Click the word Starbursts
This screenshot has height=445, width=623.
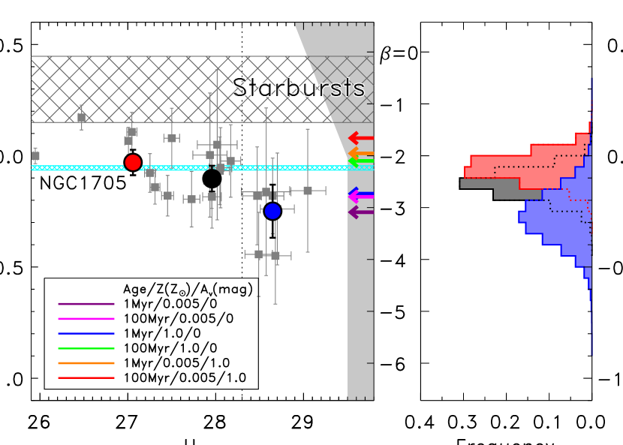(x=298, y=88)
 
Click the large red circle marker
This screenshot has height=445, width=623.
(x=133, y=162)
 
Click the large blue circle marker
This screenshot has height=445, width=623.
(x=272, y=211)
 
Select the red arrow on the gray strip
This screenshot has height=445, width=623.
(x=360, y=138)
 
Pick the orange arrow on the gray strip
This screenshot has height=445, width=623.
(x=360, y=153)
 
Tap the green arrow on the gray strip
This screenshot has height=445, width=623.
(x=360, y=161)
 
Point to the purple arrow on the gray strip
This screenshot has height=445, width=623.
(x=360, y=212)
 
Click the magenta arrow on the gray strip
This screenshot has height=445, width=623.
(x=360, y=197)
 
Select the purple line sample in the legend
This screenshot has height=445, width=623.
(x=86, y=304)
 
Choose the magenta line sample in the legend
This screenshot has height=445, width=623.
(x=86, y=319)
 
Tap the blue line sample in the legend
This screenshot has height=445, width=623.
(x=86, y=333)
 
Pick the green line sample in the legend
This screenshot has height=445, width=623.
(x=86, y=348)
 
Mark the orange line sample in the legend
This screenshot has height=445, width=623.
(x=86, y=363)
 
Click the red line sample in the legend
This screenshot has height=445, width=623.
(x=86, y=377)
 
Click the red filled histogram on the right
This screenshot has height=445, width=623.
(x=518, y=161)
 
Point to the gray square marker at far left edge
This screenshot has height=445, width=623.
(x=35, y=156)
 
